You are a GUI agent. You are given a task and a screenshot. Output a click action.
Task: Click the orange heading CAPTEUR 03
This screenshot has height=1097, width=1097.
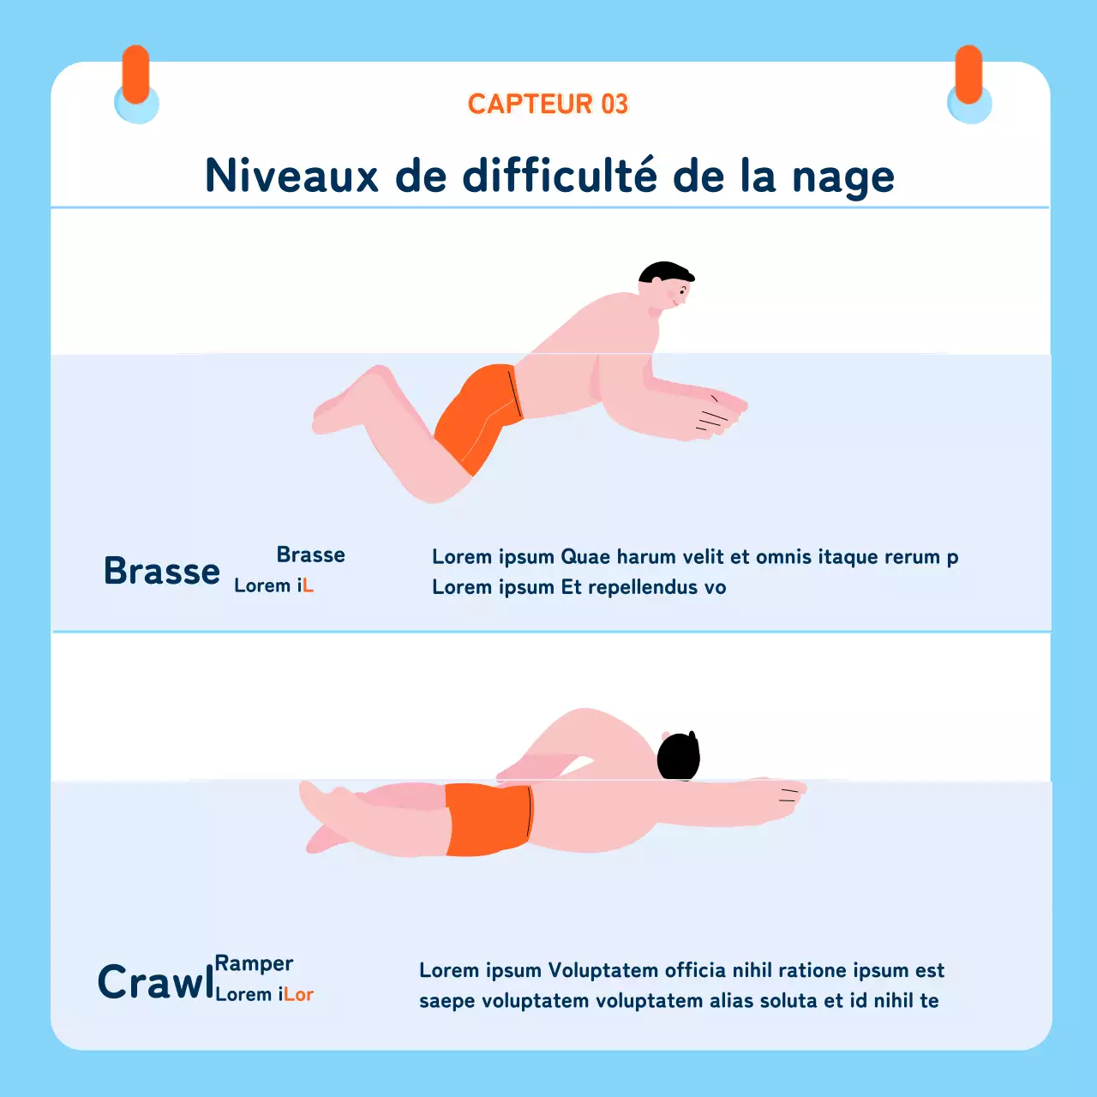(548, 104)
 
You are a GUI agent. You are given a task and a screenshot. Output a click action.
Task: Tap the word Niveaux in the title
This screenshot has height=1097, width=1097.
(291, 176)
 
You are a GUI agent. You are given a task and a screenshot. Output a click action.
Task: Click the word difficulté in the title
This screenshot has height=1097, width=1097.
(560, 176)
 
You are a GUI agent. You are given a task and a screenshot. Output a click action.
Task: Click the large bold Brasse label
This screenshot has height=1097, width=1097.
(162, 571)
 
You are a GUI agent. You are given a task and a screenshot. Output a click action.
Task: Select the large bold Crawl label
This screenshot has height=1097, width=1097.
(155, 982)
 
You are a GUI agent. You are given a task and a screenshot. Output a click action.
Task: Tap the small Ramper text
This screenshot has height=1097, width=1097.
(254, 964)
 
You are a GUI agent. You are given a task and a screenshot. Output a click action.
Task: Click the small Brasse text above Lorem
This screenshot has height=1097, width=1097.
(310, 554)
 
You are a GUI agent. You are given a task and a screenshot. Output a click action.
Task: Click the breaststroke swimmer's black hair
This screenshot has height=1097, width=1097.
(664, 273)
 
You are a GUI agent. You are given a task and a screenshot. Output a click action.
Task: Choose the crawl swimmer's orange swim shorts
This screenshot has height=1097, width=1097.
(487, 819)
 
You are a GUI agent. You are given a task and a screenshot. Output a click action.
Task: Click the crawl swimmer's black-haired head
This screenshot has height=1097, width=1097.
(678, 756)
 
